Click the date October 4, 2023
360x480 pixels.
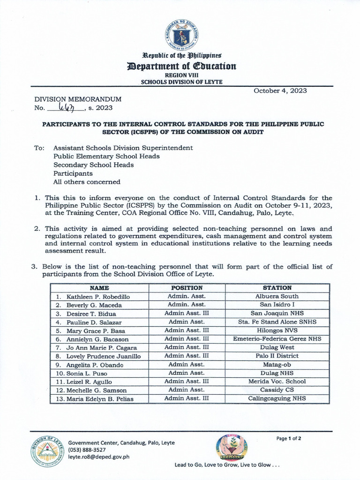(x=280, y=91)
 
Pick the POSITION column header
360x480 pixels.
(x=187, y=288)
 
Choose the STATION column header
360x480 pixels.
(x=277, y=288)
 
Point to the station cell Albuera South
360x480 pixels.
(x=277, y=297)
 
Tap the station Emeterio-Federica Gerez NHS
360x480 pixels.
(x=277, y=339)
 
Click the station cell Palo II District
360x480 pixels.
(x=277, y=356)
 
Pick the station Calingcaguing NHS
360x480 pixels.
(x=277, y=398)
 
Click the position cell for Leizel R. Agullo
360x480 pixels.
(x=187, y=382)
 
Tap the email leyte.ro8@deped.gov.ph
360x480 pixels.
(x=99, y=456)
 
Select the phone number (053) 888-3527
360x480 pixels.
(x=87, y=450)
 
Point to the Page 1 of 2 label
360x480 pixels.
(x=289, y=439)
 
